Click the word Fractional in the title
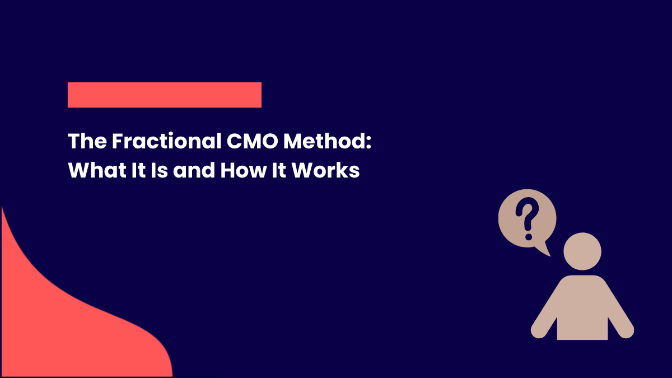(166, 142)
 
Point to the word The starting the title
(87, 142)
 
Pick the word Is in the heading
(157, 170)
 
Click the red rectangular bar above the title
(164, 95)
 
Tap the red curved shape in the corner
(67, 325)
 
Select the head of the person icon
(582, 251)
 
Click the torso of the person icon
(582, 308)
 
